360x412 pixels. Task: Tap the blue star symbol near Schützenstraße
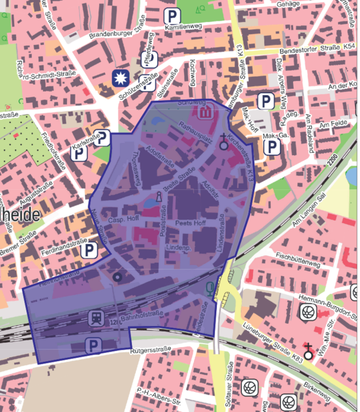tap(120, 79)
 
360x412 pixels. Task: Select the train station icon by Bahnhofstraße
tap(94, 318)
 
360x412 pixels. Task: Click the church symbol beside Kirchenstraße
tap(224, 141)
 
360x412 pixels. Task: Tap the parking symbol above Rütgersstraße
tap(93, 346)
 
